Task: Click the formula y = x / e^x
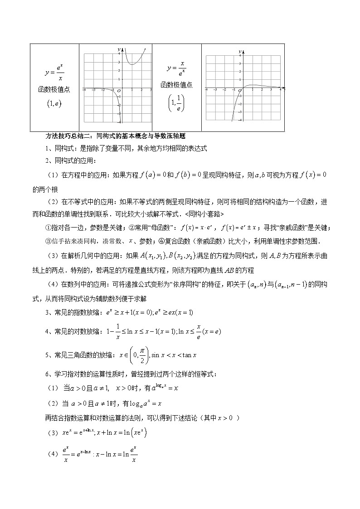(x=176, y=69)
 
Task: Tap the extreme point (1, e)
(x=54, y=104)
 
